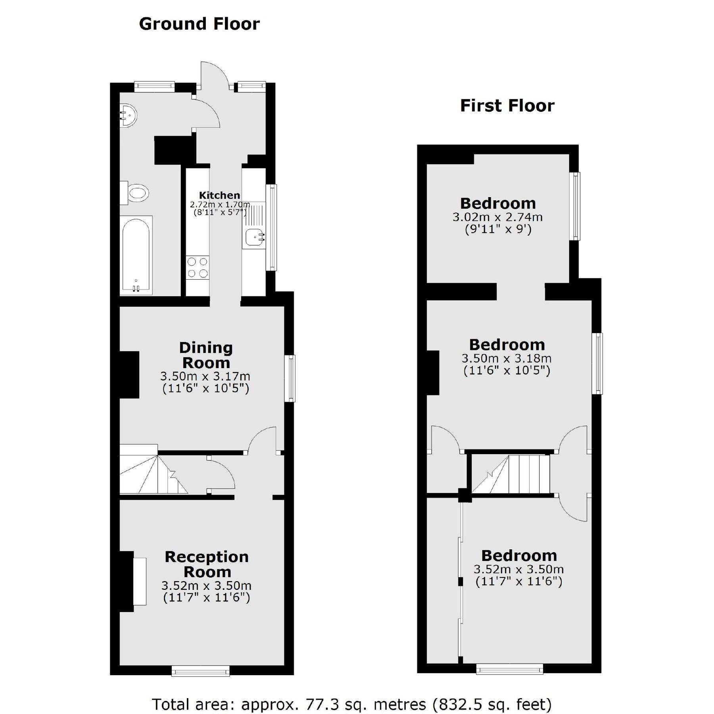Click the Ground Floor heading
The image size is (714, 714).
point(199,24)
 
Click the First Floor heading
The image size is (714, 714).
point(507,106)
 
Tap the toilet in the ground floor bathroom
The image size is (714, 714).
point(136,193)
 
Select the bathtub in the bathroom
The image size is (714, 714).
point(136,256)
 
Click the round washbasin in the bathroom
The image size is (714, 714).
point(129,115)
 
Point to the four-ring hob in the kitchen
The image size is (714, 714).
point(198,267)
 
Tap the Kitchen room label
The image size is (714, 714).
point(219,195)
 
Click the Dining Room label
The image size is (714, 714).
point(206,355)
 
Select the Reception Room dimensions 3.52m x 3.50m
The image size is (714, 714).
point(206,585)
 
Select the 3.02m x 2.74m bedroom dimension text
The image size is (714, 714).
point(497,217)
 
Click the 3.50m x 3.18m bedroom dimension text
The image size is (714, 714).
point(507,358)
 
